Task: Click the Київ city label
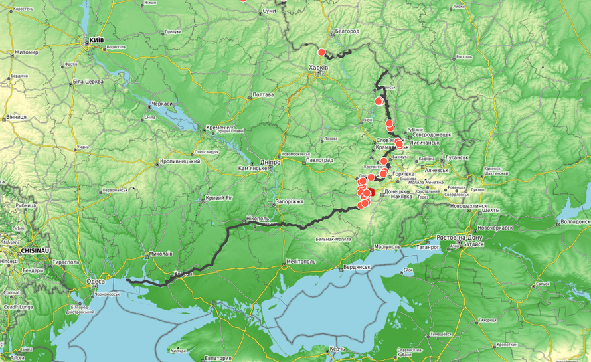[x=95, y=41]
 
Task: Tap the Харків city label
[x=319, y=67]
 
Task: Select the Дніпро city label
[x=270, y=162]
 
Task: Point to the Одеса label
[x=96, y=281]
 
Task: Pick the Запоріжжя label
[x=289, y=201]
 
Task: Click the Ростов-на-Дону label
[x=459, y=237]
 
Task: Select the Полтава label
[x=264, y=95]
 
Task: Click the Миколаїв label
[x=161, y=254]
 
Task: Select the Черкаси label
[x=162, y=104]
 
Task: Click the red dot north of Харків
[x=321, y=52]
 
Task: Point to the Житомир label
[x=26, y=52]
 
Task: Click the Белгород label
[x=347, y=31]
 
